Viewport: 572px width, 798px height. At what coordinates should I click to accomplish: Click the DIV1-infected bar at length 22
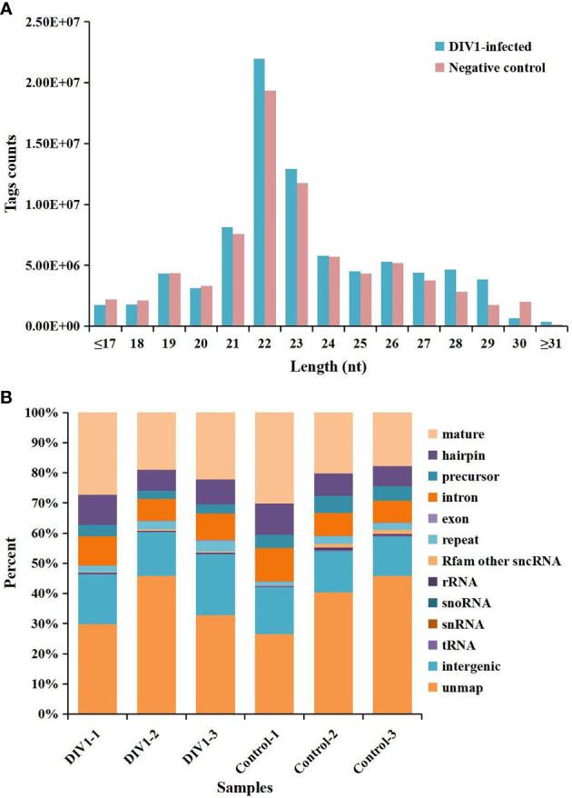coord(234,192)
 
